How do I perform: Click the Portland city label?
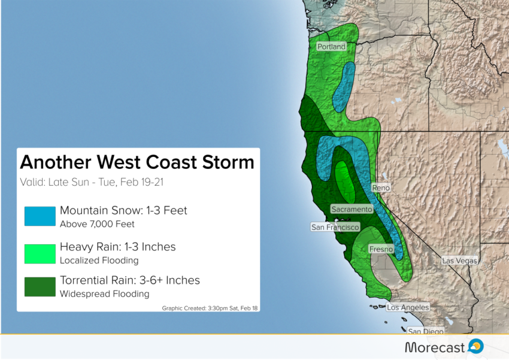[x=331, y=46]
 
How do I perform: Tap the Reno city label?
[x=381, y=187]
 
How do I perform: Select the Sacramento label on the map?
[x=352, y=209]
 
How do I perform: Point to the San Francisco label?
[x=335, y=227]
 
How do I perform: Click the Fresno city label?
[x=381, y=249]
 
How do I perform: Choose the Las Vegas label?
[x=459, y=261]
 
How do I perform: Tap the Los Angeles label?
[x=408, y=307]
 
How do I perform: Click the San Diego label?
[x=426, y=331]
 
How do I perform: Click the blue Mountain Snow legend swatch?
[x=40, y=216]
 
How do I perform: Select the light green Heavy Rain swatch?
[x=40, y=254]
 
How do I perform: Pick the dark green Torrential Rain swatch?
[x=40, y=287]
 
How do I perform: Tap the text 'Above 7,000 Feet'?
[x=97, y=224]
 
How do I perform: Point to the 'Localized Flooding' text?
[x=99, y=261]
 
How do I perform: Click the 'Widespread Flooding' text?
[x=105, y=294]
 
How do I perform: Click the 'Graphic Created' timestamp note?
[x=210, y=308]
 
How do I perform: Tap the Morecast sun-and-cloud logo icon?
[x=476, y=346]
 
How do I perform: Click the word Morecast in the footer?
[x=435, y=347]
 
